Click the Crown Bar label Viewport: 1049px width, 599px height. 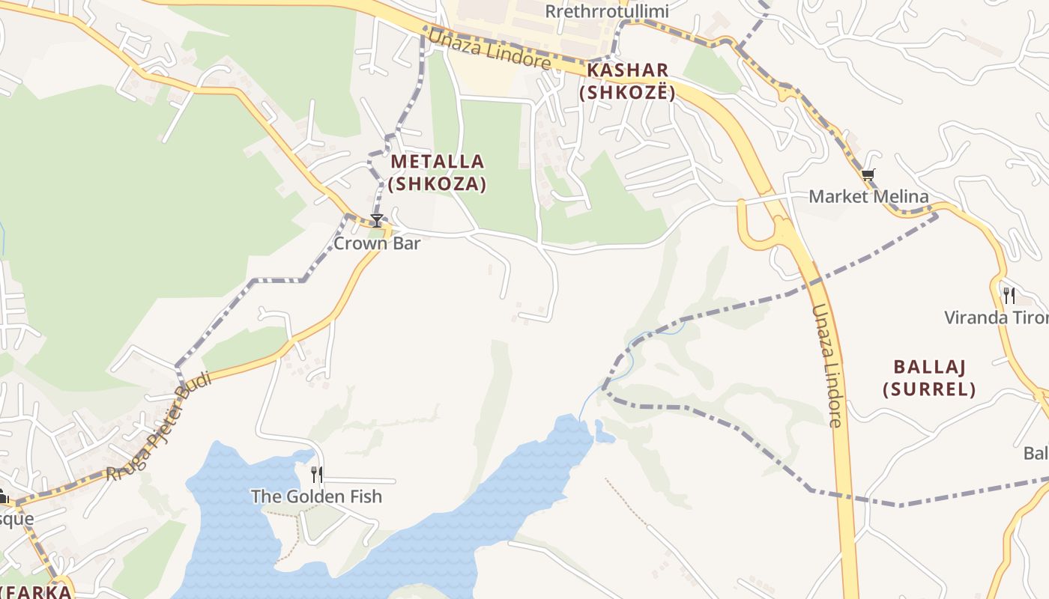[x=377, y=243]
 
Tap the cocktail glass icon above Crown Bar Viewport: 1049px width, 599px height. [x=377, y=220]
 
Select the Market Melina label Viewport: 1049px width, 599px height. [x=868, y=197]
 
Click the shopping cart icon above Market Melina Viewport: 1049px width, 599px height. [x=868, y=175]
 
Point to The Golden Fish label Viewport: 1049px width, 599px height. [x=316, y=496]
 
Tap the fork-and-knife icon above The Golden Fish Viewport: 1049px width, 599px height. [x=317, y=474]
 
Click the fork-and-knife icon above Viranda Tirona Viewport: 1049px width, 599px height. [x=1009, y=295]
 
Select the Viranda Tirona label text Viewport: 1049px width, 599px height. [x=996, y=317]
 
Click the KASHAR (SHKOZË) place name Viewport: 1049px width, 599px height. [x=628, y=82]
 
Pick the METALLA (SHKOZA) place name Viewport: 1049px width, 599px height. [x=438, y=172]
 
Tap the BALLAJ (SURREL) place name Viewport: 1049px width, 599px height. [x=929, y=378]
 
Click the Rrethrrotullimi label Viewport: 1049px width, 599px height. [x=606, y=12]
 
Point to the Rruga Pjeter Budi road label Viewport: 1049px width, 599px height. [x=158, y=427]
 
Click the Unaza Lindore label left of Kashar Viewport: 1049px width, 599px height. [x=489, y=48]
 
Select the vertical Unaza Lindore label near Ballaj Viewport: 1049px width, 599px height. [x=827, y=365]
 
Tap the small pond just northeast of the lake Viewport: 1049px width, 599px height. [x=604, y=431]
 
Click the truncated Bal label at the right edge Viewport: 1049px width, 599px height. [x=1036, y=454]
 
